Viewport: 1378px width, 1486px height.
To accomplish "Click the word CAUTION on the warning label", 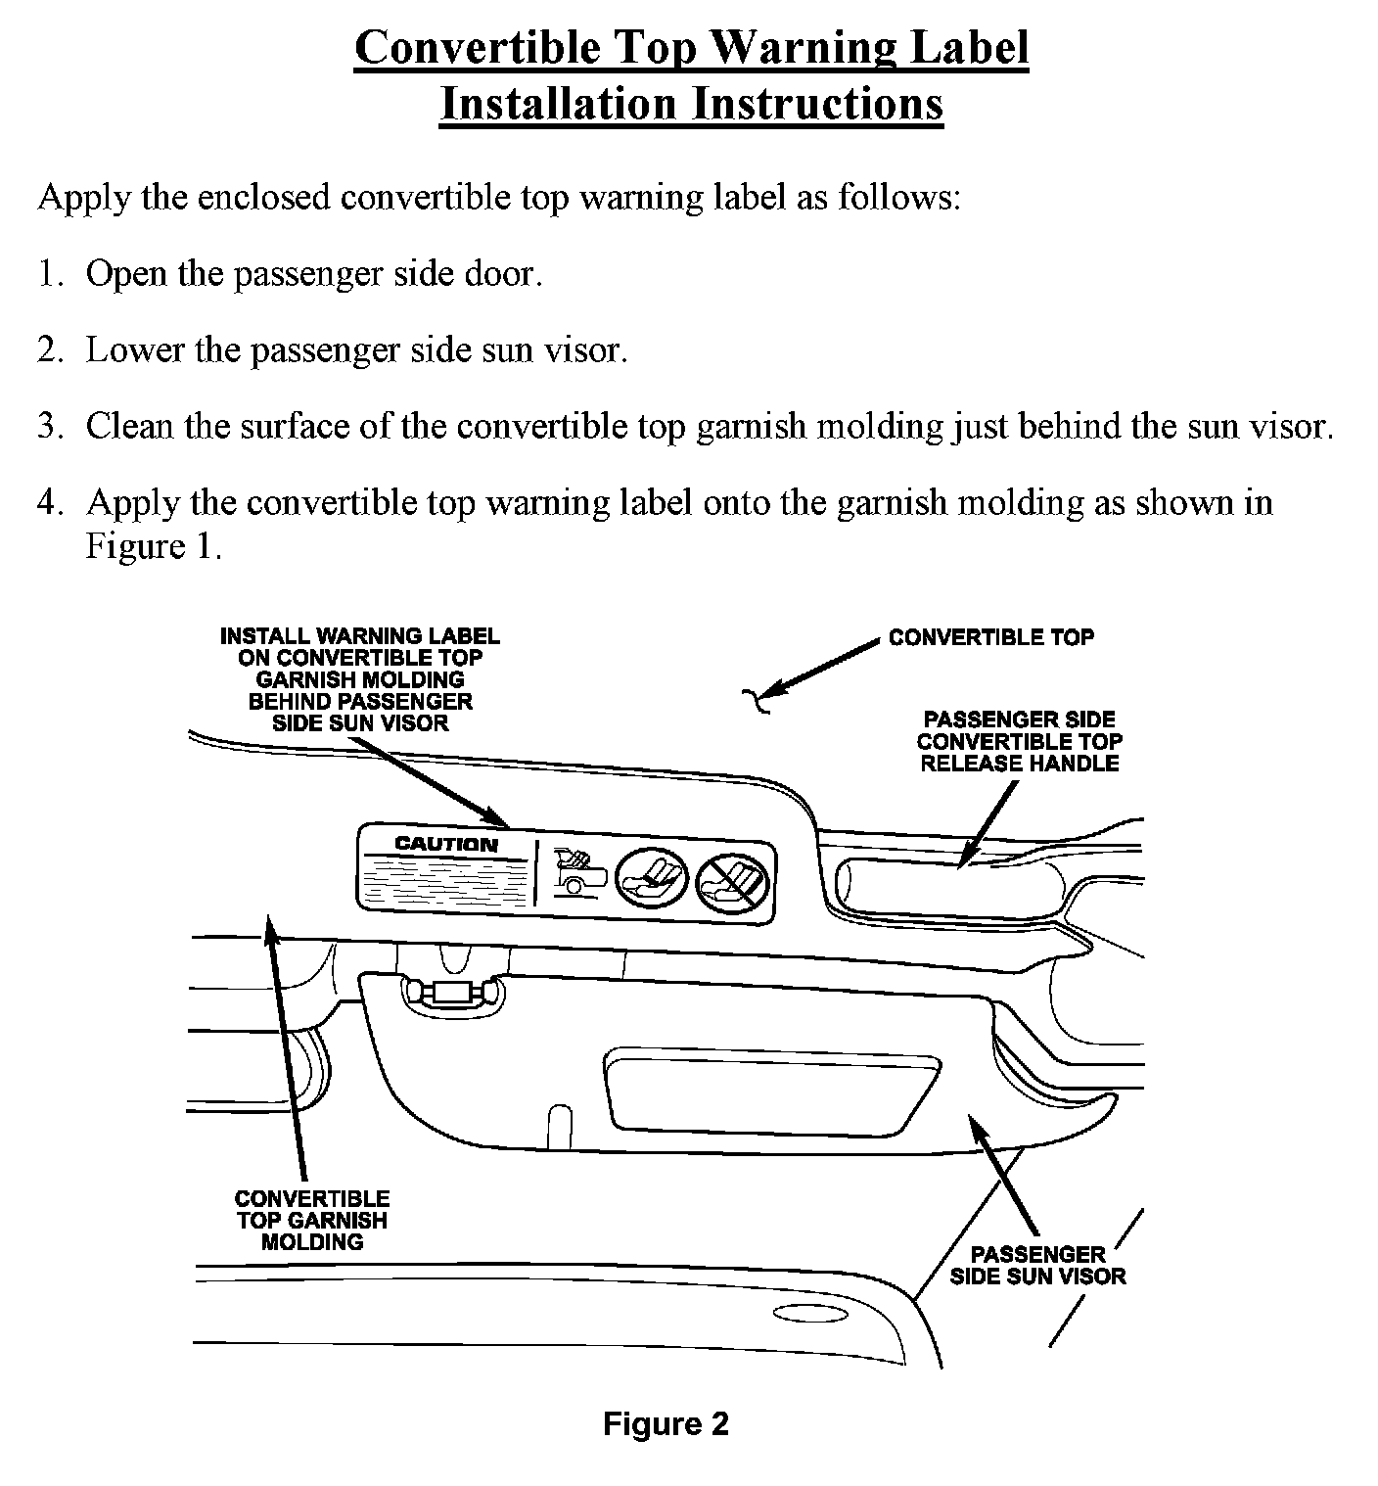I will pyautogui.click(x=446, y=844).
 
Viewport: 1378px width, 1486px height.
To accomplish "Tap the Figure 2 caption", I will pyautogui.click(x=666, y=1423).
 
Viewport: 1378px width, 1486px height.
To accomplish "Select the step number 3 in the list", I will pyautogui.click(x=49, y=426).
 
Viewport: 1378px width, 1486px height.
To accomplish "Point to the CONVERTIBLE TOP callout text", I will pyautogui.click(x=990, y=637).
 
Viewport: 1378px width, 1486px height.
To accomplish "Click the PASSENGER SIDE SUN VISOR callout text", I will pyautogui.click(x=1037, y=1265).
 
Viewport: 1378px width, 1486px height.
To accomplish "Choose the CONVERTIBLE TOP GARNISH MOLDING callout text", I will pyautogui.click(x=312, y=1220).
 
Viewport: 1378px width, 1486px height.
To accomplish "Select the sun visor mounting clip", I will pyautogui.click(x=452, y=993).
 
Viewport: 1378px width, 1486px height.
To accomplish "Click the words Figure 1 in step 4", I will pyautogui.click(x=154, y=545).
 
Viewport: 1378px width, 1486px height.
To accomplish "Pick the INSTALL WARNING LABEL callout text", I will pyautogui.click(x=360, y=678).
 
